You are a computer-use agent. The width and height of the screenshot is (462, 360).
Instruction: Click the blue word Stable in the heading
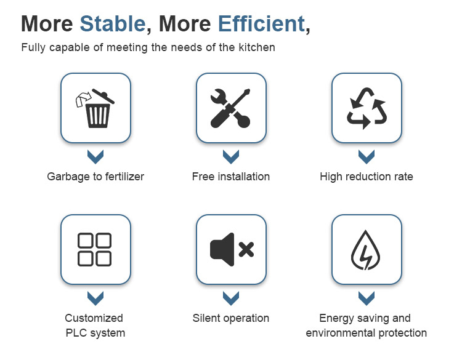click(113, 23)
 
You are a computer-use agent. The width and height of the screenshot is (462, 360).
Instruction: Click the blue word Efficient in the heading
click(262, 23)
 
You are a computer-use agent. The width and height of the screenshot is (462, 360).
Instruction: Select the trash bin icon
click(95, 108)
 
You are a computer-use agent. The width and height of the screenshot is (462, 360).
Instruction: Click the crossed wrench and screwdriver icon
click(231, 108)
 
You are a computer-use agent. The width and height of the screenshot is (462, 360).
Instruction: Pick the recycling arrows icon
click(367, 108)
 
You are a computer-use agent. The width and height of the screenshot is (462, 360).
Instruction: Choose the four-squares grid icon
click(95, 250)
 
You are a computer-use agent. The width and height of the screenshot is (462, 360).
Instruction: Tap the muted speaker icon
click(232, 250)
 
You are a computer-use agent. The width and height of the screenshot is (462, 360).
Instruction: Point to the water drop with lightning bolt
click(366, 250)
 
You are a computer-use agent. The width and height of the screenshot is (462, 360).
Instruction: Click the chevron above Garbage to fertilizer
click(95, 156)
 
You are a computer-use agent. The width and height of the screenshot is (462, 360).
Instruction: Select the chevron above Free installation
click(231, 156)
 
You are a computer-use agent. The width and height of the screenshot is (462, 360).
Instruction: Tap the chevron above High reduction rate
click(367, 156)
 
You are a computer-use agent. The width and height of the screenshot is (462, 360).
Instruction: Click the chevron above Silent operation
click(231, 298)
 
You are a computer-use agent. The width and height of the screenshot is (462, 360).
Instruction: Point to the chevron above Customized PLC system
click(95, 298)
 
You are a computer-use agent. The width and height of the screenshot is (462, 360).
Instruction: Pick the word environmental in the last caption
click(340, 333)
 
